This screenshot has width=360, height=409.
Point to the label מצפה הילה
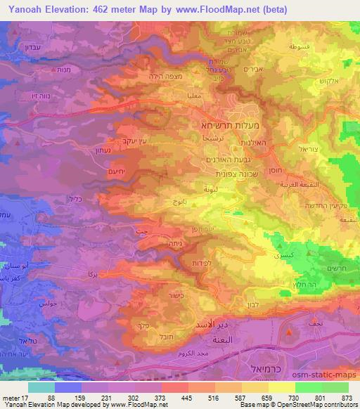[164, 77]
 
